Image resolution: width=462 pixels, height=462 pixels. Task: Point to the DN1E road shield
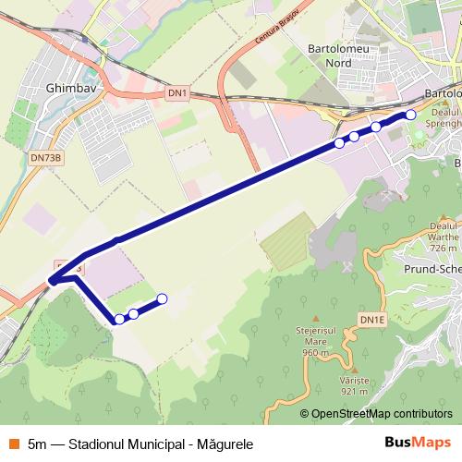tap(371, 320)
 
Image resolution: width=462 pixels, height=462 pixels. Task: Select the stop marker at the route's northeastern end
tap(410, 115)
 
